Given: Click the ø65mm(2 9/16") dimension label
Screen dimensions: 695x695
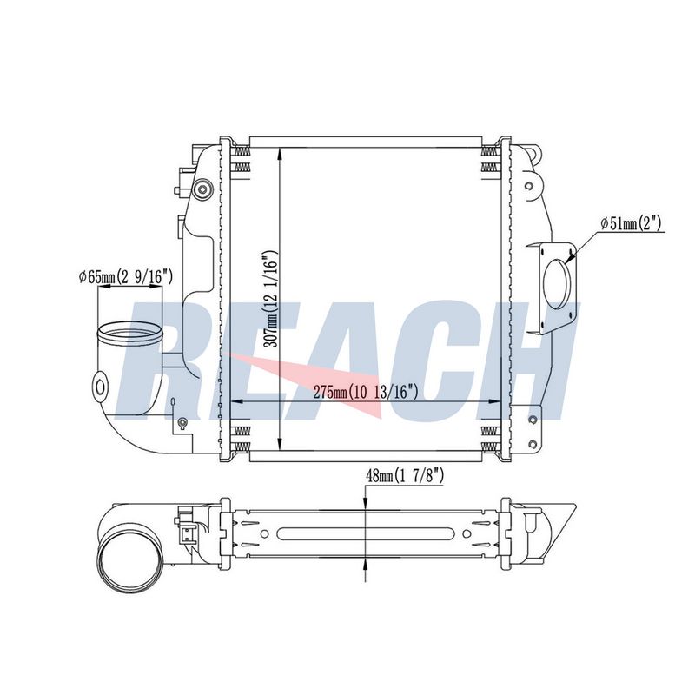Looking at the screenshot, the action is [125, 277].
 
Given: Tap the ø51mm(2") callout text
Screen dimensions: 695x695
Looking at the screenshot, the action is [631, 223].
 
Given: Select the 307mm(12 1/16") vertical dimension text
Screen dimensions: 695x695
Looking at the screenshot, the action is [270, 299].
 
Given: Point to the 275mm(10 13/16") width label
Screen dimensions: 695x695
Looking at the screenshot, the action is [366, 392].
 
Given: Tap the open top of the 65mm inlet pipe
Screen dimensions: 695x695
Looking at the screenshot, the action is [130, 334].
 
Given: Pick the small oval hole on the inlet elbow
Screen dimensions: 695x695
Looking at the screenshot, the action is [101, 387].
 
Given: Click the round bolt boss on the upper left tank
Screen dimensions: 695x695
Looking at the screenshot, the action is [203, 189].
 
